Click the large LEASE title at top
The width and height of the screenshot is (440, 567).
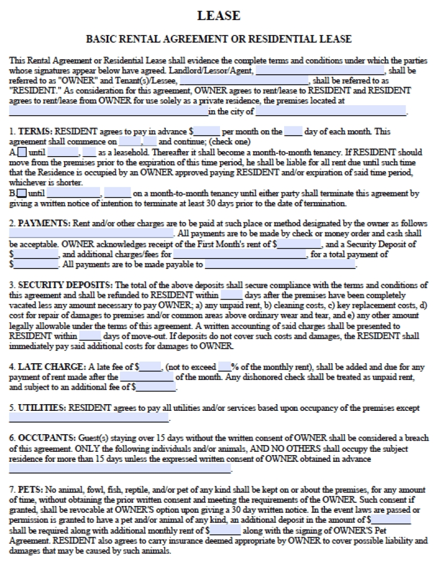pyautogui.click(x=219, y=16)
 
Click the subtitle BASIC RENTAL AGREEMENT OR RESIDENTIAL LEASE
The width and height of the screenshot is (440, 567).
pyautogui.click(x=219, y=39)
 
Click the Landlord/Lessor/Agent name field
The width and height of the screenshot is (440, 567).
pyautogui.click(x=320, y=71)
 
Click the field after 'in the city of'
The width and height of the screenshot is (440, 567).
pyautogui.click(x=331, y=112)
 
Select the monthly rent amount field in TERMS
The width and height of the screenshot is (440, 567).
pyautogui.click(x=207, y=132)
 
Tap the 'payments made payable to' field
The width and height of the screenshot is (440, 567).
pyautogui.click(x=280, y=265)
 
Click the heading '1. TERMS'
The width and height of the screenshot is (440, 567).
pyautogui.click(x=33, y=132)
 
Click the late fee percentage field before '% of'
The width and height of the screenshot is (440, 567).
pyautogui.click(x=224, y=367)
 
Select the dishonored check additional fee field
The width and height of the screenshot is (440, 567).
pyautogui.click(x=149, y=388)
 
